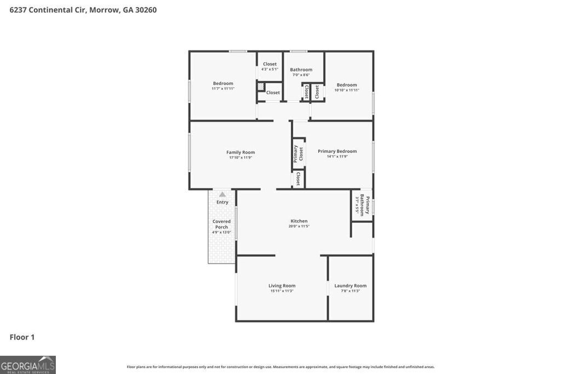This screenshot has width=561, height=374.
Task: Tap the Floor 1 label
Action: (22, 337)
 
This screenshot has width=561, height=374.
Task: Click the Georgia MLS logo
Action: (28, 365)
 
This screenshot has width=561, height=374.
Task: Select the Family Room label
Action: (241, 152)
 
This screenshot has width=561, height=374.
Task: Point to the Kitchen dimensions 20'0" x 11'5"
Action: (299, 226)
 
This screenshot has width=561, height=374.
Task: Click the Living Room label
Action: (282, 285)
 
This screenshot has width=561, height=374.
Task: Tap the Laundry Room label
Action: (351, 285)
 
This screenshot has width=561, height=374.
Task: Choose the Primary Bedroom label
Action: (337, 151)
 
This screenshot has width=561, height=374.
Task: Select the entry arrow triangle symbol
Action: (222, 194)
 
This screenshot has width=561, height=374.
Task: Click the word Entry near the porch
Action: (222, 202)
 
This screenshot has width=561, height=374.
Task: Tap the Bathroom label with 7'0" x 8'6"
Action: (301, 70)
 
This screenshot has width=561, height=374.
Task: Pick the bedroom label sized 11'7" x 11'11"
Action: (223, 83)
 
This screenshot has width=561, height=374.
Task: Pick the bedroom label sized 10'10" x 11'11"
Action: (347, 85)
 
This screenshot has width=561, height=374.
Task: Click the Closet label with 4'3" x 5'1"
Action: (270, 64)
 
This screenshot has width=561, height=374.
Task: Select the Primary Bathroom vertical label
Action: (364, 205)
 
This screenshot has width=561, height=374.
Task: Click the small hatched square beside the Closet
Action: (261, 87)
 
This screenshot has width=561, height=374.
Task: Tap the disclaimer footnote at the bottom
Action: (280, 367)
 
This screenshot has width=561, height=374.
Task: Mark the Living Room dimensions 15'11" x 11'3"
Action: (282, 291)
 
